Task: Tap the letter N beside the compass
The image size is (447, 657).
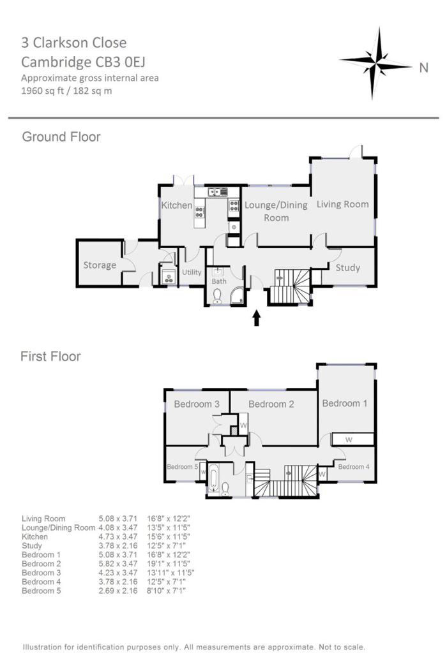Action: tap(423, 68)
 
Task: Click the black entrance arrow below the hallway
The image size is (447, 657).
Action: tap(257, 318)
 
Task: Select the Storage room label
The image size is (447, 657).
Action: tap(100, 265)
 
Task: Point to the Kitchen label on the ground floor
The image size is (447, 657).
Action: tap(176, 205)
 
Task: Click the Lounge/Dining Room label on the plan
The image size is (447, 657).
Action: tap(276, 211)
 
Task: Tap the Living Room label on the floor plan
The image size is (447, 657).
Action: tap(343, 204)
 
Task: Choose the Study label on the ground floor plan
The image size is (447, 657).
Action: tap(348, 267)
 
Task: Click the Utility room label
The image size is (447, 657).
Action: tap(192, 272)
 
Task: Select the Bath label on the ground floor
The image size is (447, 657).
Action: tap(219, 281)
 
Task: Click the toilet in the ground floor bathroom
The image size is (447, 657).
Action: tap(217, 295)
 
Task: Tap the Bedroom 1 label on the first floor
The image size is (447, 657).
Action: tap(345, 403)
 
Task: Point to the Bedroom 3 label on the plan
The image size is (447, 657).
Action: tap(197, 404)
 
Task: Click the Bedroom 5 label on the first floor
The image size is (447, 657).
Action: tap(183, 466)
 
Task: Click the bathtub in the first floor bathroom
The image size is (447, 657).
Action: tap(213, 478)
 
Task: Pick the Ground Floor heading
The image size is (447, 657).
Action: tap(61, 137)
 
